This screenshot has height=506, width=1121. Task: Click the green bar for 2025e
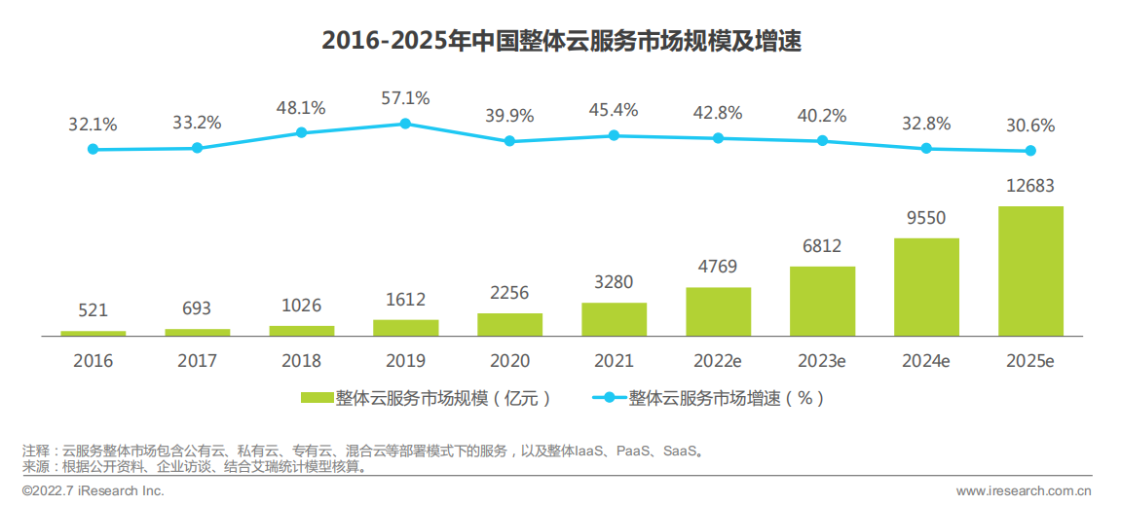coord(1030,271)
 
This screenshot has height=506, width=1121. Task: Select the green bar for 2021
coord(614,319)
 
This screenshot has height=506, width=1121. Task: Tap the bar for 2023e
coord(822,301)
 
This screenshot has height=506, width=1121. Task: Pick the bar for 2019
coord(405,327)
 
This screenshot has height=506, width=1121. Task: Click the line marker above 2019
coord(405,124)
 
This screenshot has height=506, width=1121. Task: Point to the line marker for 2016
coord(93,149)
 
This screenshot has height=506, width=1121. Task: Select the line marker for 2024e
coord(926,149)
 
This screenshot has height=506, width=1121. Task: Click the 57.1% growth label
coord(405,98)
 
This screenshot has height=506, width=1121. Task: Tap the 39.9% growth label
coord(509,116)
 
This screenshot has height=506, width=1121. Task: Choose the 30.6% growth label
coord(1030,126)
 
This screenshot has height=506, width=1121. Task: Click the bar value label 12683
coord(1030,186)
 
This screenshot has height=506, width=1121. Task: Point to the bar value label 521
coord(93,310)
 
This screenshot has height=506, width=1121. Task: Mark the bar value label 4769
coord(718,267)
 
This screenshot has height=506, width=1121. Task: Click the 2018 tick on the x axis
coord(301,361)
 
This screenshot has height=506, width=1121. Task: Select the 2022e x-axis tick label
coord(718,361)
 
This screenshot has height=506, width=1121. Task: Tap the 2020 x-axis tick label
coord(509,361)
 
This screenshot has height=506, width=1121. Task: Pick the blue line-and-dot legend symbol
coord(607,398)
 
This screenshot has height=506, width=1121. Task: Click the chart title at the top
coord(561,41)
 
